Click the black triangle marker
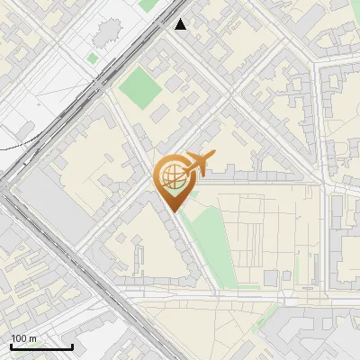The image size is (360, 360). (x=181, y=24)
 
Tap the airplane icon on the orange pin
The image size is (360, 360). (x=199, y=165)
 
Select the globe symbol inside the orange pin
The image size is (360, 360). (x=172, y=177)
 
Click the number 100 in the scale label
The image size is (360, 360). (x=19, y=338)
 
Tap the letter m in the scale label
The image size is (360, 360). (x=32, y=338)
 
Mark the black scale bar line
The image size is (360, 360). (x=41, y=346)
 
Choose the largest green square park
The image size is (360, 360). (x=140, y=86)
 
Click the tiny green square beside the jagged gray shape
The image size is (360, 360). (x=93, y=58)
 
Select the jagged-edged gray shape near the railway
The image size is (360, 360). (x=106, y=34)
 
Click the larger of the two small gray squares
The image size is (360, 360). (x=271, y=277)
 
